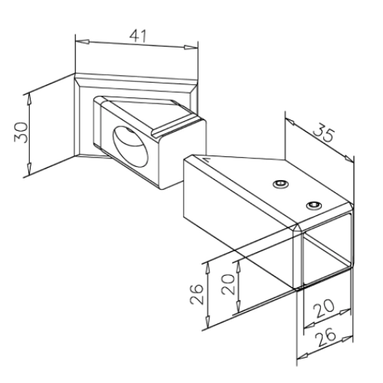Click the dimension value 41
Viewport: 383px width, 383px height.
[138, 36]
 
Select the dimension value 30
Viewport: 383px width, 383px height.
[21, 133]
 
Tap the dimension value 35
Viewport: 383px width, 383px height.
[324, 133]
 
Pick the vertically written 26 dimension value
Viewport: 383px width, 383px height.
[197, 294]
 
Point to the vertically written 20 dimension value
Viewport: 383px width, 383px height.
[228, 284]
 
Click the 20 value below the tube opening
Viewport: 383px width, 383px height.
[324, 308]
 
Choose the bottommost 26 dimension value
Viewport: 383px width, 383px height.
[325, 337]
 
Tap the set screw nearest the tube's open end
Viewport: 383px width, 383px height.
[314, 205]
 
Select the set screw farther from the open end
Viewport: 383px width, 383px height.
[280, 184]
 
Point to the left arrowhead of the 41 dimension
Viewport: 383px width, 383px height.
[83, 41]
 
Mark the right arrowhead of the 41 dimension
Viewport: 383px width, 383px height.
[191, 47]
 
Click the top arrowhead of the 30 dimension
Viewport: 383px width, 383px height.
[30, 100]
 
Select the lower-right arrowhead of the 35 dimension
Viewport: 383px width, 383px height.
[349, 159]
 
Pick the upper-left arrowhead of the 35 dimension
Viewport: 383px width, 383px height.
[290, 122]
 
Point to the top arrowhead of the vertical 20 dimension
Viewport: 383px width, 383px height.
[238, 267]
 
